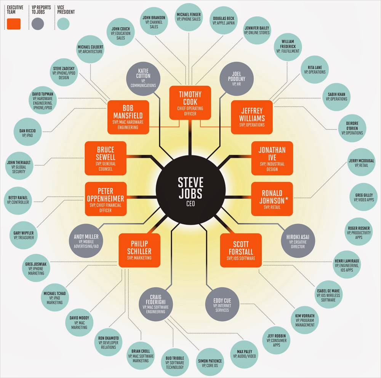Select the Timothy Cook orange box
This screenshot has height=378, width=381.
[x=190, y=102]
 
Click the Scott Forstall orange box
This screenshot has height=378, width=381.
[x=241, y=250]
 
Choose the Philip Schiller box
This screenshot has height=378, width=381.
[x=139, y=250]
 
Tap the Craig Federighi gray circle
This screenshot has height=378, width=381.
[x=157, y=303]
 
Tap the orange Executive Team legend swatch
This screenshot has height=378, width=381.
[x=14, y=24]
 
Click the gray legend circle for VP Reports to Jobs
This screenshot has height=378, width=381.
[x=38, y=24]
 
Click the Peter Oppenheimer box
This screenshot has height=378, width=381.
[x=105, y=197]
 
